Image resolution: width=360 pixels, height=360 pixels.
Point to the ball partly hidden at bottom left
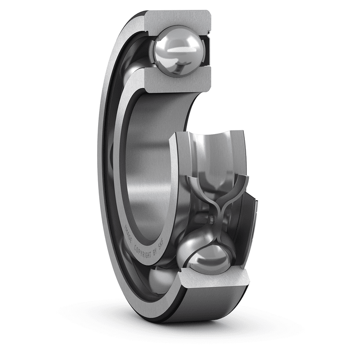tap(160, 279)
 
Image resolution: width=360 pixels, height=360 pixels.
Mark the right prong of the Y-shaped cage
tap(243, 184)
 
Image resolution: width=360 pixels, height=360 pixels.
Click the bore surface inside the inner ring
tap(148, 171)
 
